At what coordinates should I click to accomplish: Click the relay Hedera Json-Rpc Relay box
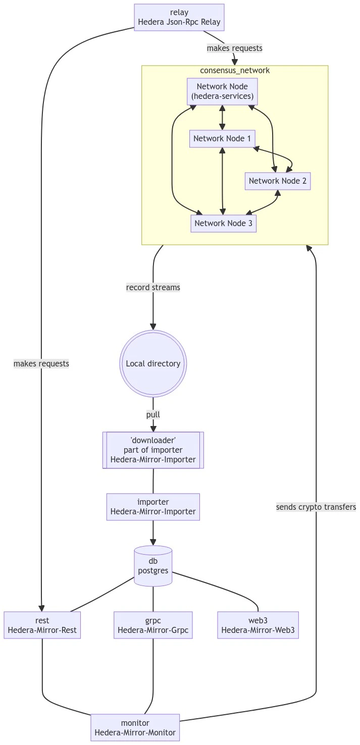point(179,18)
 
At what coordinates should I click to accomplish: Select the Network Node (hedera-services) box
point(222,91)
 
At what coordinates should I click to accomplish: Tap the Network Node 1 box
point(222,139)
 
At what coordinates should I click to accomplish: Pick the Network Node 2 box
point(278,181)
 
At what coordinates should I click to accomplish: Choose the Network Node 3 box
point(223,223)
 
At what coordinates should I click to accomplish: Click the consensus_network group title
point(235,71)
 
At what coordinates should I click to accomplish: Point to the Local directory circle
point(153,363)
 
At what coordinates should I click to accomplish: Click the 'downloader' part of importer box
point(153,450)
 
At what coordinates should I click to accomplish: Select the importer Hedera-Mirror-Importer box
point(153,507)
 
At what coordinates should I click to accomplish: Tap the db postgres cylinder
point(153,566)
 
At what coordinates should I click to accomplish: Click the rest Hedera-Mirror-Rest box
point(42,625)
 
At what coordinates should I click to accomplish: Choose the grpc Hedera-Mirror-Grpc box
point(153,625)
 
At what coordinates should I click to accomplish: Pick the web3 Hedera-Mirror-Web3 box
point(258,625)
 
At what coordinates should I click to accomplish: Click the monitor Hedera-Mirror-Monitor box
point(135,727)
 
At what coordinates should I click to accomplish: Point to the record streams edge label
point(153,287)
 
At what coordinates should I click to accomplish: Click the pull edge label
point(153,414)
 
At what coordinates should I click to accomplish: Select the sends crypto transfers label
point(316,507)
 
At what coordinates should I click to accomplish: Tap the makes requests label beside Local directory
point(41,363)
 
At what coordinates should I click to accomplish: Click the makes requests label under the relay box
point(235,48)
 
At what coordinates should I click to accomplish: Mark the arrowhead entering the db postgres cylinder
point(153,542)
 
